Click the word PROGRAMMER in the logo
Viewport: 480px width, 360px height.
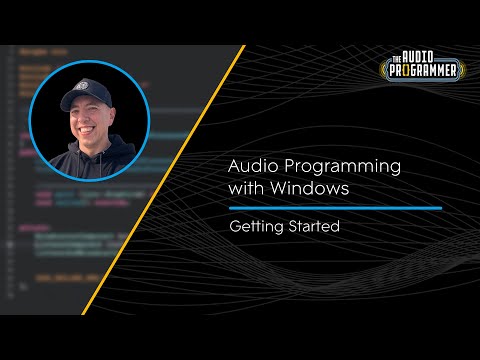(x=423, y=71)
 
